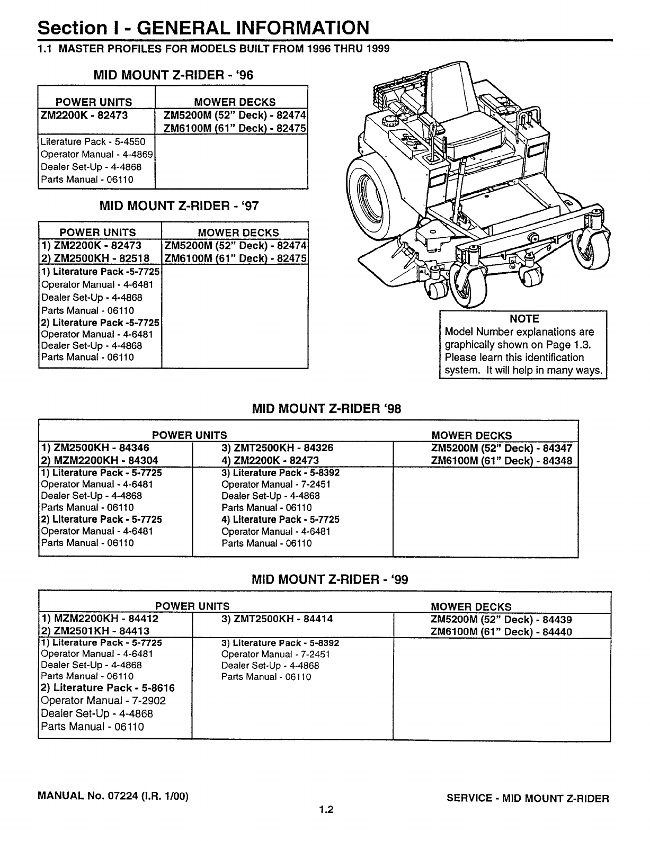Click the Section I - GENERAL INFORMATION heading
point(203,28)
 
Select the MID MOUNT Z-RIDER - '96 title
point(173,75)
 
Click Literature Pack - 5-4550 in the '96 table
point(93,142)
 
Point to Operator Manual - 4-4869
point(97,155)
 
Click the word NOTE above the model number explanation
point(523,319)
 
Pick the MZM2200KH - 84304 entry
point(100,461)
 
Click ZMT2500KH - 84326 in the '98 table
point(277,448)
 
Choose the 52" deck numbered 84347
point(502,448)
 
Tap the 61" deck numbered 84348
point(502,461)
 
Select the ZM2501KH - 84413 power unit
point(95,631)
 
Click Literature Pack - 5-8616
point(108,688)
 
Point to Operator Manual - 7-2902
point(103,701)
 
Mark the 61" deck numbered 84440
point(501,632)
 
